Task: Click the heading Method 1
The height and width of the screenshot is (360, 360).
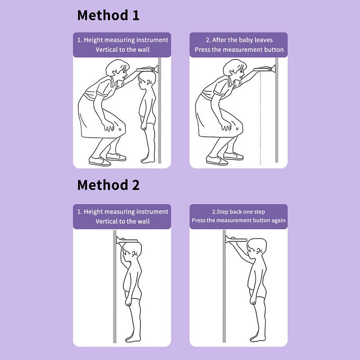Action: [x=108, y=15]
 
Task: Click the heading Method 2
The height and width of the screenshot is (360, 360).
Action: [x=108, y=185]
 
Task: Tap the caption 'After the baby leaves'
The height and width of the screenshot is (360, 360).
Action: [x=239, y=40]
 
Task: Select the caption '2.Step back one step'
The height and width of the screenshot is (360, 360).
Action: [x=238, y=211]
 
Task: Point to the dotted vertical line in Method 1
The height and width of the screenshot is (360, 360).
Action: [x=261, y=118]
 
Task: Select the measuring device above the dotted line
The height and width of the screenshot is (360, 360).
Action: [x=264, y=68]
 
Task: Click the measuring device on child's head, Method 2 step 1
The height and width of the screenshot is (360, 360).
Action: [x=127, y=240]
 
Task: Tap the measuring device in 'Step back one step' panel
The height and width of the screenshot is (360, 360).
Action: [x=236, y=239]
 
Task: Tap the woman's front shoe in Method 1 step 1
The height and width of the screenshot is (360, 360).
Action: [x=99, y=161]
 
